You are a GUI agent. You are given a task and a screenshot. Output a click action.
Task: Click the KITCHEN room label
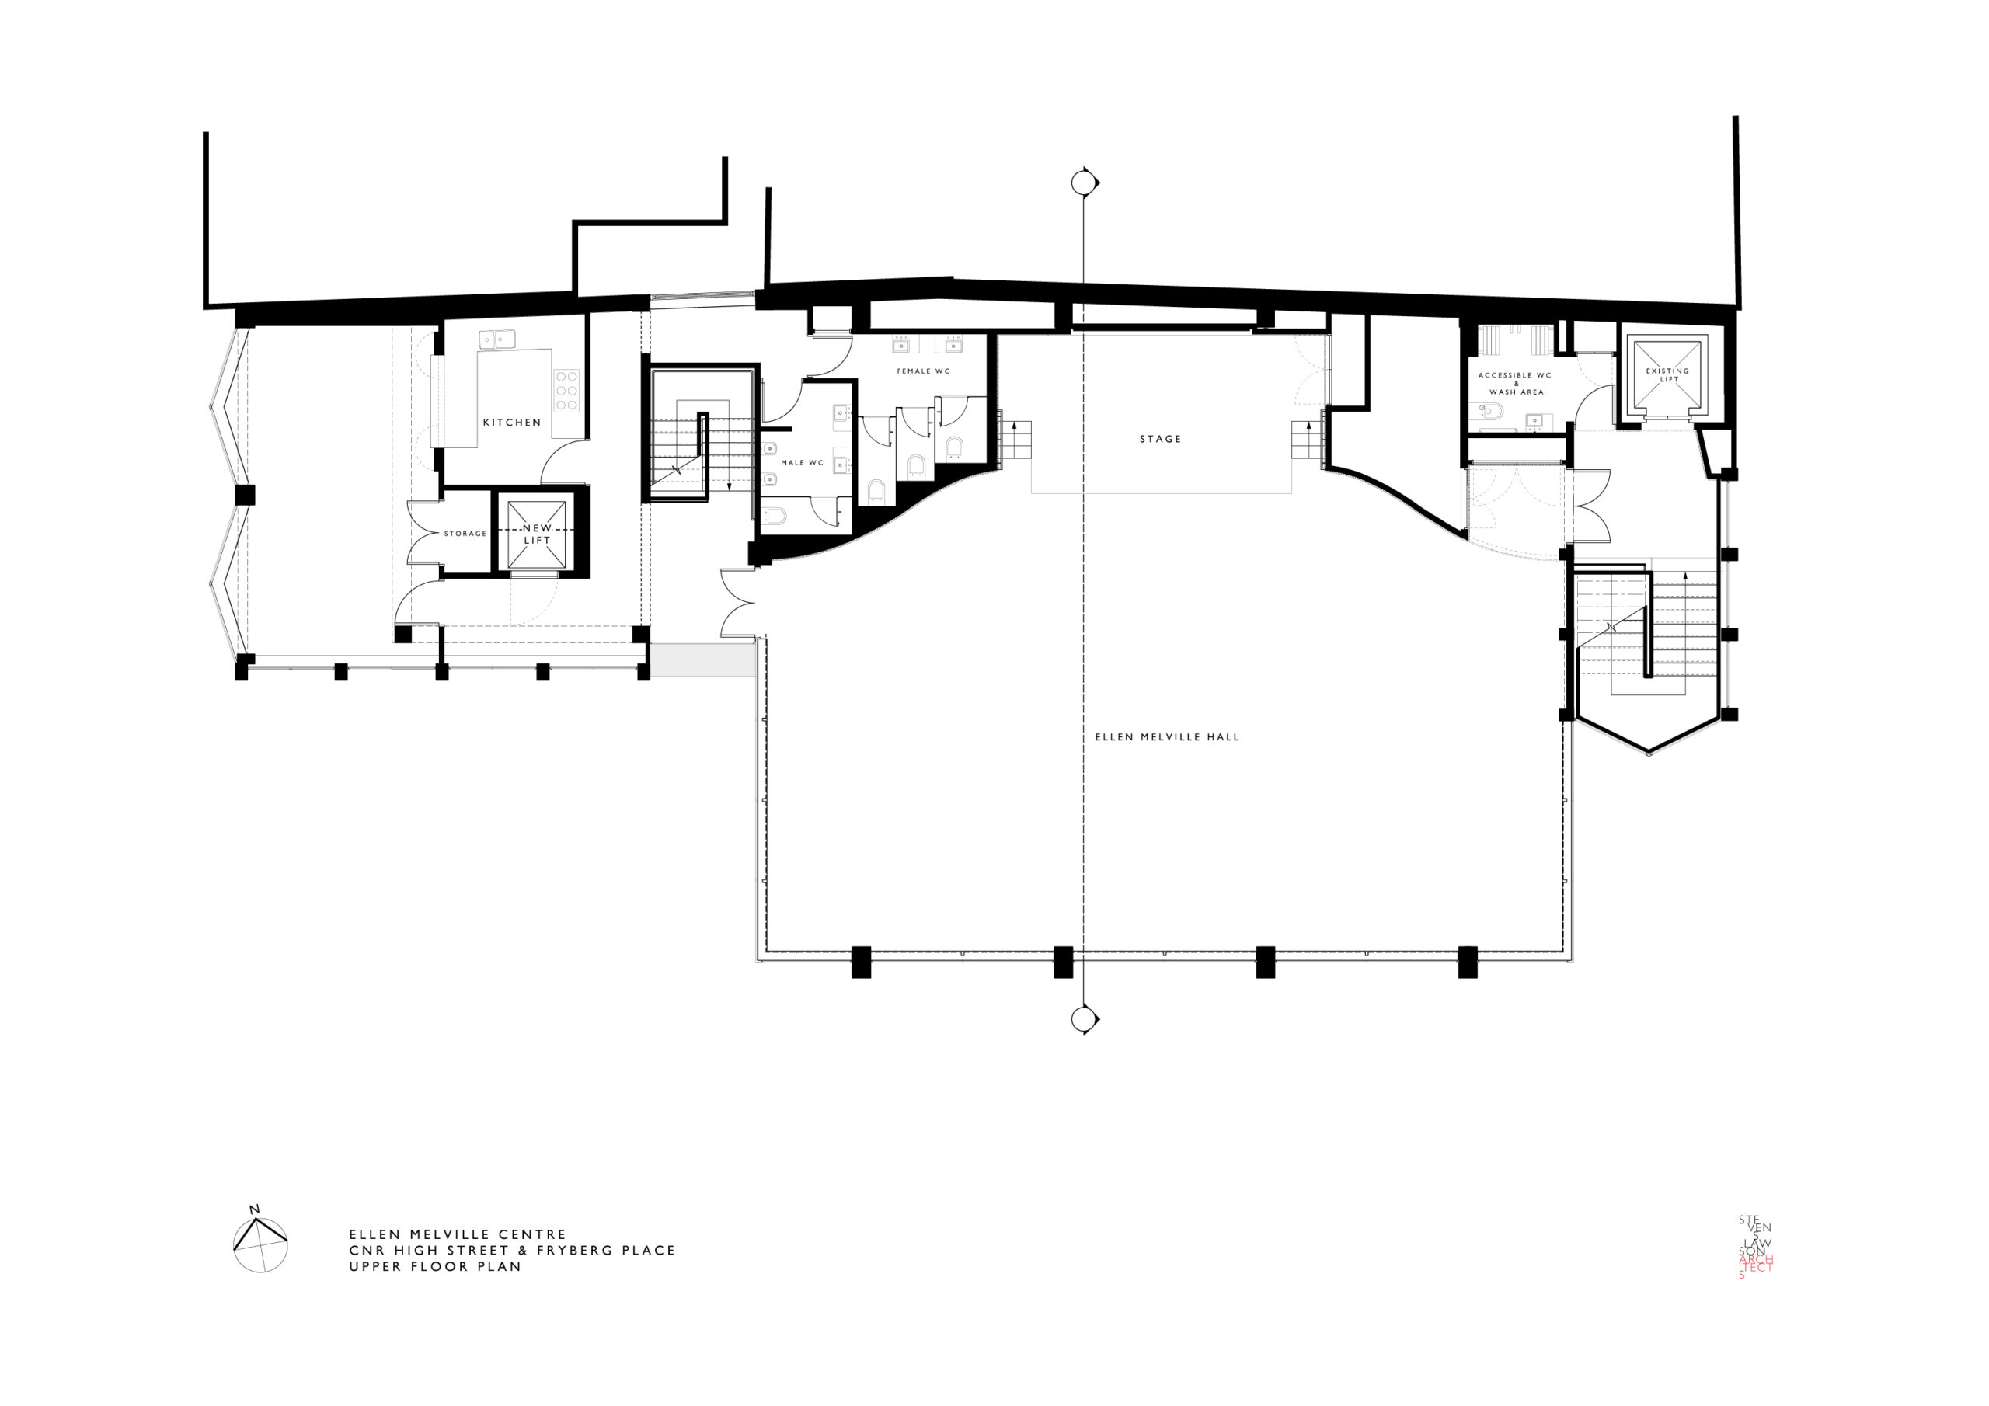[512, 423]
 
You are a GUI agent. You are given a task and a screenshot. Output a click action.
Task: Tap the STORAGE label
[465, 534]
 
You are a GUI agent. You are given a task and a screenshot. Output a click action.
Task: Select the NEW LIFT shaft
[537, 534]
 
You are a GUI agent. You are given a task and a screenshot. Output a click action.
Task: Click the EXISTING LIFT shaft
[1667, 375]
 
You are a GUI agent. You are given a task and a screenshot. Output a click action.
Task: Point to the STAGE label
[1161, 439]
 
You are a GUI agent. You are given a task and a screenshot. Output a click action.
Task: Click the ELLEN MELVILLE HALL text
[1167, 737]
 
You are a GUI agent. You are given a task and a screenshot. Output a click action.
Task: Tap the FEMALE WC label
[924, 371]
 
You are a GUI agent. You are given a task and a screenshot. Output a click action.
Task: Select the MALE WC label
[802, 464]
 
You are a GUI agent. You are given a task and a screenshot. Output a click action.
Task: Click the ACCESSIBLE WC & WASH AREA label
[1516, 384]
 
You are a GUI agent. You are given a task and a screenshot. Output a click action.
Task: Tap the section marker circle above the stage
[1082, 183]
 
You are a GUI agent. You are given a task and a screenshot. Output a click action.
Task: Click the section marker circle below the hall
[1082, 1020]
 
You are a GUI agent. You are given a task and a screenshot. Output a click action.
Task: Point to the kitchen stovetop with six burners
[567, 391]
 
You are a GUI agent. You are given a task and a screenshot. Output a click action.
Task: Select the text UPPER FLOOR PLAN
[436, 1265]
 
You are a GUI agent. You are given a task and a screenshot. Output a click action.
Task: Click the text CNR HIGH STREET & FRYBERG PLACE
[512, 1250]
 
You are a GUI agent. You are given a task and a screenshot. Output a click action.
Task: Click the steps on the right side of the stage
[1306, 442]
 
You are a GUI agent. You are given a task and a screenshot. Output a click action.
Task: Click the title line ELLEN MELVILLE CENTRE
[458, 1234]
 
